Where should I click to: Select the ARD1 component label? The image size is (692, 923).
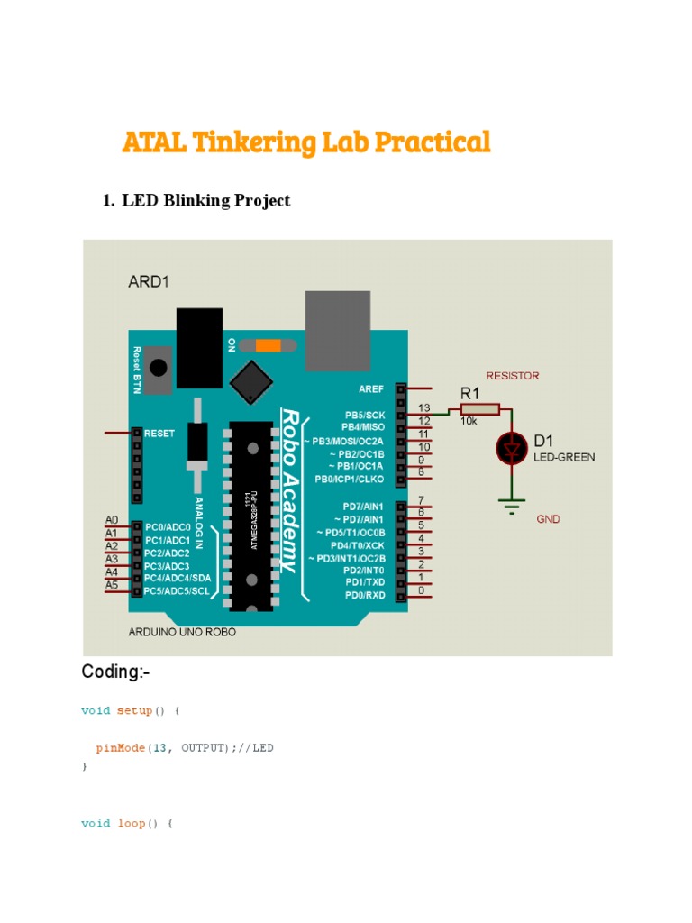pos(149,281)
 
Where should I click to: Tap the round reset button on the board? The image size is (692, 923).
pos(158,368)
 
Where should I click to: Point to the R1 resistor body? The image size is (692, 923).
pos(480,411)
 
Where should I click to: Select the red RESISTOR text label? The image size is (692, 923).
pos(512,375)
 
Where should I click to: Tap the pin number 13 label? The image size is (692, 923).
pos(425,408)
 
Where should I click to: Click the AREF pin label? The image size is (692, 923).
pos(369,388)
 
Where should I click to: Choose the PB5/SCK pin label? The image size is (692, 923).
pos(364,415)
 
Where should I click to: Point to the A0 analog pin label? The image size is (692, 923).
pos(112,520)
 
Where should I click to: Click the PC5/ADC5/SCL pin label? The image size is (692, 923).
pos(178,590)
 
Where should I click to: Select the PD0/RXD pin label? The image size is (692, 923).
pos(365,594)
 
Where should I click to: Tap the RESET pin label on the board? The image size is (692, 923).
pos(159,434)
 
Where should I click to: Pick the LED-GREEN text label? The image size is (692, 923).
pos(564,457)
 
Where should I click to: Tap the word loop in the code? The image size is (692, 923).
pos(131,823)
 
